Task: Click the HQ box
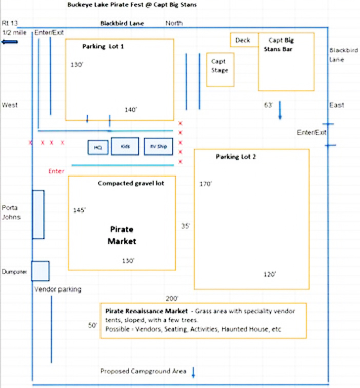97,147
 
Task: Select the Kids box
126,146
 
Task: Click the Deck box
244,40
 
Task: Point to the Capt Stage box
220,69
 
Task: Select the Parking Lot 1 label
103,46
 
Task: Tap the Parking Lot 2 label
236,157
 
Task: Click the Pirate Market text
122,235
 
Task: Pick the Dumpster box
40,271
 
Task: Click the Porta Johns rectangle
38,214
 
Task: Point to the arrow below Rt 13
10,42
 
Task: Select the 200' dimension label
172,298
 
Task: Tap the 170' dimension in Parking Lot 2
206,183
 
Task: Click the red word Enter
56,171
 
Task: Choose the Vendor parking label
58,289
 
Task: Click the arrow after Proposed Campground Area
193,372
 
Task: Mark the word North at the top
174,23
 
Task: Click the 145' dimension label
79,210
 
